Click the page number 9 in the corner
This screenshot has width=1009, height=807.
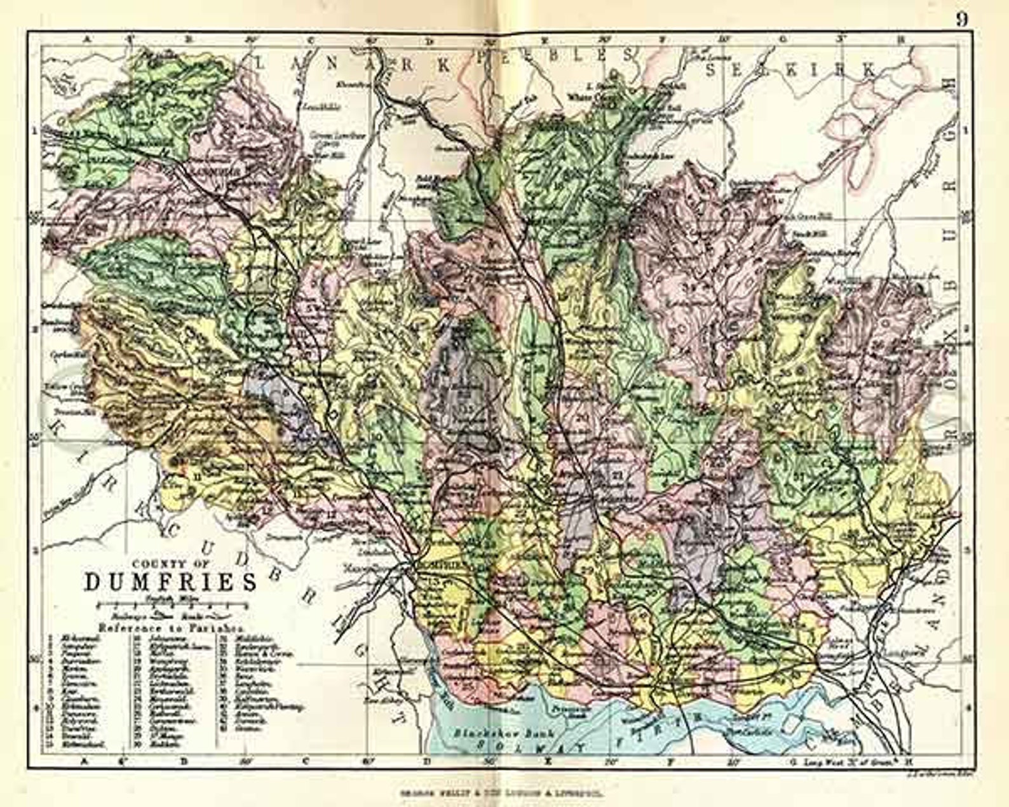962,19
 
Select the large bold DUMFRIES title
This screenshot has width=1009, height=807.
171,582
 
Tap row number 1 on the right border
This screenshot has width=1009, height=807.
968,130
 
